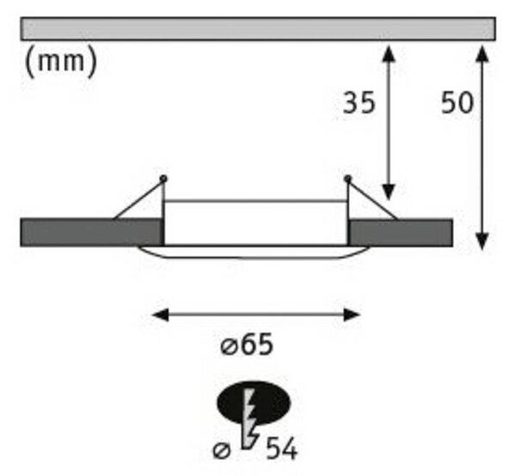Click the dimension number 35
[x=359, y=103]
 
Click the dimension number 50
[x=457, y=103]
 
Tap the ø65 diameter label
[x=247, y=345]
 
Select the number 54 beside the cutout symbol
[x=281, y=449]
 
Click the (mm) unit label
[x=61, y=62]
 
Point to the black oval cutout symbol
[x=254, y=403]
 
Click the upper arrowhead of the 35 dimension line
[x=389, y=53]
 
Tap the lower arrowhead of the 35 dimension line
[x=389, y=192]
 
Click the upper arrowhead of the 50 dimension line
[x=482, y=53]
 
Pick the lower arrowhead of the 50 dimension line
[x=482, y=241]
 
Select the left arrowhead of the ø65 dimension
[x=161, y=315]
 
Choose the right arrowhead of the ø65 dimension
[x=352, y=315]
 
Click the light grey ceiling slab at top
[x=258, y=29]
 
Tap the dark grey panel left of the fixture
[x=92, y=232]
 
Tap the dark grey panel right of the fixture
[x=401, y=233]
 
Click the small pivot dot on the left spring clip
[x=163, y=179]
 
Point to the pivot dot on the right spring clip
[x=347, y=179]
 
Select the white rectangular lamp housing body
[x=255, y=223]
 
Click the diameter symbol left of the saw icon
[x=222, y=449]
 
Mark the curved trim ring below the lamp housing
[x=253, y=259]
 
